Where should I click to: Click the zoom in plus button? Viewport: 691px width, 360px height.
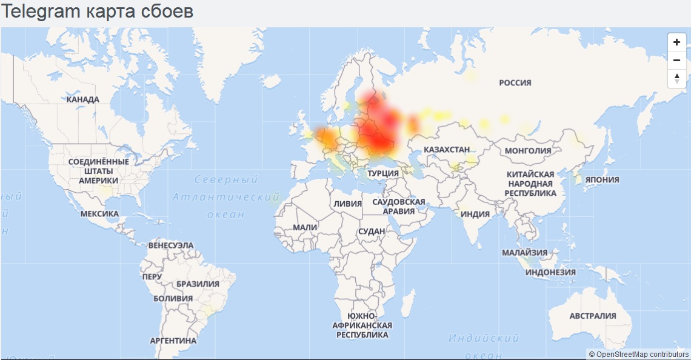[x=677, y=42]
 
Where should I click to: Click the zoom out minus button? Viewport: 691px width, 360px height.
[x=677, y=60]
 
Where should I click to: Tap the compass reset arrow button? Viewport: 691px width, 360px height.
[x=677, y=78]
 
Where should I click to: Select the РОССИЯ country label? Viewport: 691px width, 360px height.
[x=515, y=82]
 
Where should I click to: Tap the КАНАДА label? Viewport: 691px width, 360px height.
[x=83, y=99]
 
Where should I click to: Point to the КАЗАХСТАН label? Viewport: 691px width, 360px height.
[x=447, y=149]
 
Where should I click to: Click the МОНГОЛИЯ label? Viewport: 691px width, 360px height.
[x=528, y=150]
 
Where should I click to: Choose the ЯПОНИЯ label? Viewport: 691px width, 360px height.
[x=602, y=179]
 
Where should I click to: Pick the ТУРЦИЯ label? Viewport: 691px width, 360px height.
[x=383, y=173]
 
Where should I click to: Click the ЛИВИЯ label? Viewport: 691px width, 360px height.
[x=347, y=204]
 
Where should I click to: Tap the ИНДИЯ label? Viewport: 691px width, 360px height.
[x=475, y=214]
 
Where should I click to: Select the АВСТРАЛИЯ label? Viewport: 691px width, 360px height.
[x=592, y=316]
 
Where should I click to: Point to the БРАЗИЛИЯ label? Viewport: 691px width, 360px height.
[x=198, y=284]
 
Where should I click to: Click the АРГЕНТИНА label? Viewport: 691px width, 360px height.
[x=173, y=341]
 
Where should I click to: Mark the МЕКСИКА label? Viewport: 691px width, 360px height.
[x=99, y=214]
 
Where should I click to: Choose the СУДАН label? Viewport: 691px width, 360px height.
[x=372, y=232]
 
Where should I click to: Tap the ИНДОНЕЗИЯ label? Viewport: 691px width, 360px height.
[x=550, y=272]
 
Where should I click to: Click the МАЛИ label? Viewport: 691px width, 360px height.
[x=305, y=227]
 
